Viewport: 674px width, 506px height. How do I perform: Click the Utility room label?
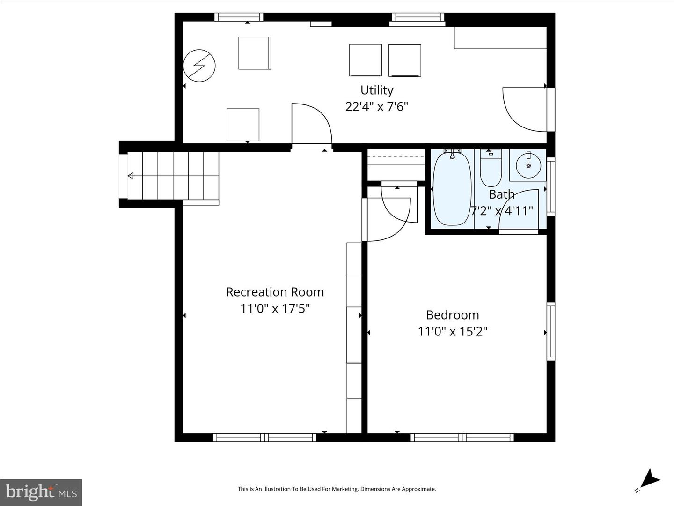point(376,90)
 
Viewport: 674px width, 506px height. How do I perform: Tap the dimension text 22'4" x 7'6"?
point(376,107)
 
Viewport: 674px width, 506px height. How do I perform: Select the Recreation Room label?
point(275,292)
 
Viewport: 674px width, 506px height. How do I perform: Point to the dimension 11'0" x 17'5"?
point(275,309)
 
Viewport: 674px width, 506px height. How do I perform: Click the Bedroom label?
point(452,315)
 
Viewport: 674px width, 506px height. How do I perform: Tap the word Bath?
point(501,194)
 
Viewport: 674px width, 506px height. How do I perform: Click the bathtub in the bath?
point(452,188)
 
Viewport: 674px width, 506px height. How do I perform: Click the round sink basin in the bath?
point(528,165)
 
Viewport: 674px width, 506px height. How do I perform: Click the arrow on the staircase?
point(131,176)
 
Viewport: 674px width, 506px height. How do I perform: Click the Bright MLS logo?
point(41,492)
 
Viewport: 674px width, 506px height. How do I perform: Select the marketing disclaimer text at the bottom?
point(337,489)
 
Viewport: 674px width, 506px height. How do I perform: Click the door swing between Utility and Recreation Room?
point(310,124)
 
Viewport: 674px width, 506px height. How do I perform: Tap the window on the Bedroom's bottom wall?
point(462,438)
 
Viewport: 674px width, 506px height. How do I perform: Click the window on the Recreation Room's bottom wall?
point(264,438)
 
